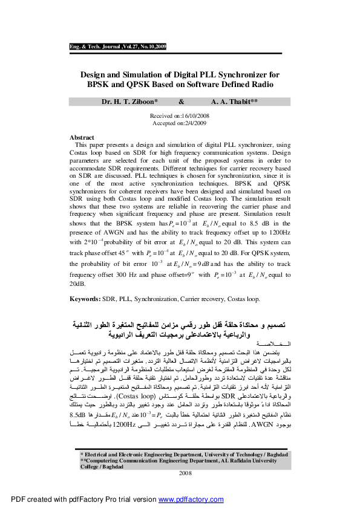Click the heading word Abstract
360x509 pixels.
pyautogui.click(x=82, y=138)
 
